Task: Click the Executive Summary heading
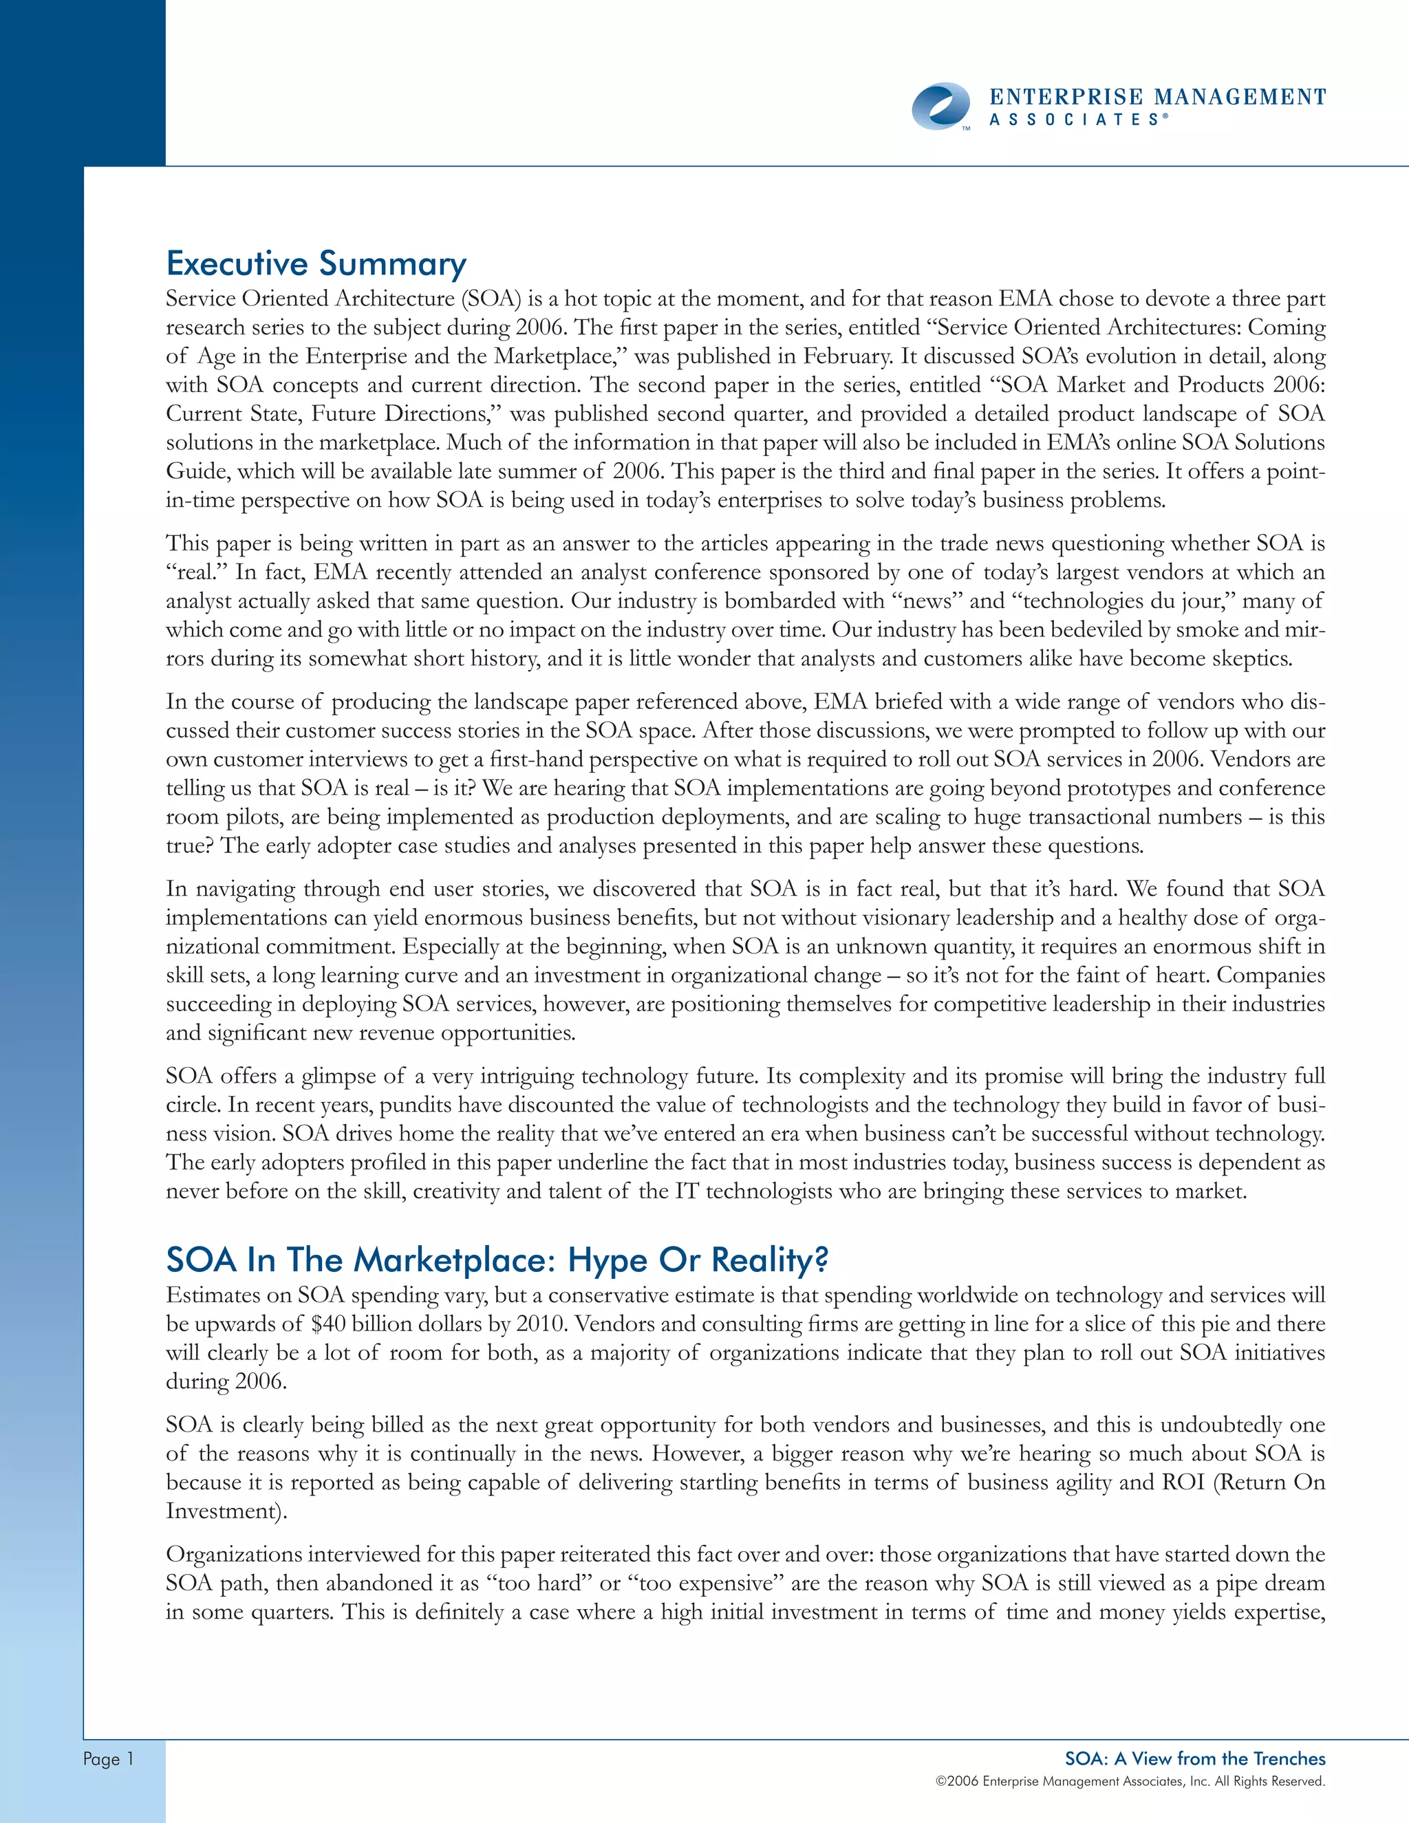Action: pyautogui.click(x=316, y=263)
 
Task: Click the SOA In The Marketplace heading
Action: pyautogui.click(x=497, y=1260)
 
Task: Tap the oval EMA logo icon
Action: pyautogui.click(x=940, y=107)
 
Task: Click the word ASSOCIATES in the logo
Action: pyautogui.click(x=1073, y=120)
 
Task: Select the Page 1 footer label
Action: pyautogui.click(x=108, y=1759)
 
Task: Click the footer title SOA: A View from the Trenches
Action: pyautogui.click(x=1194, y=1758)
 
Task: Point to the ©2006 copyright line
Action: pyautogui.click(x=1130, y=1781)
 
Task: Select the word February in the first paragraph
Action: pyautogui.click(x=848, y=356)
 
